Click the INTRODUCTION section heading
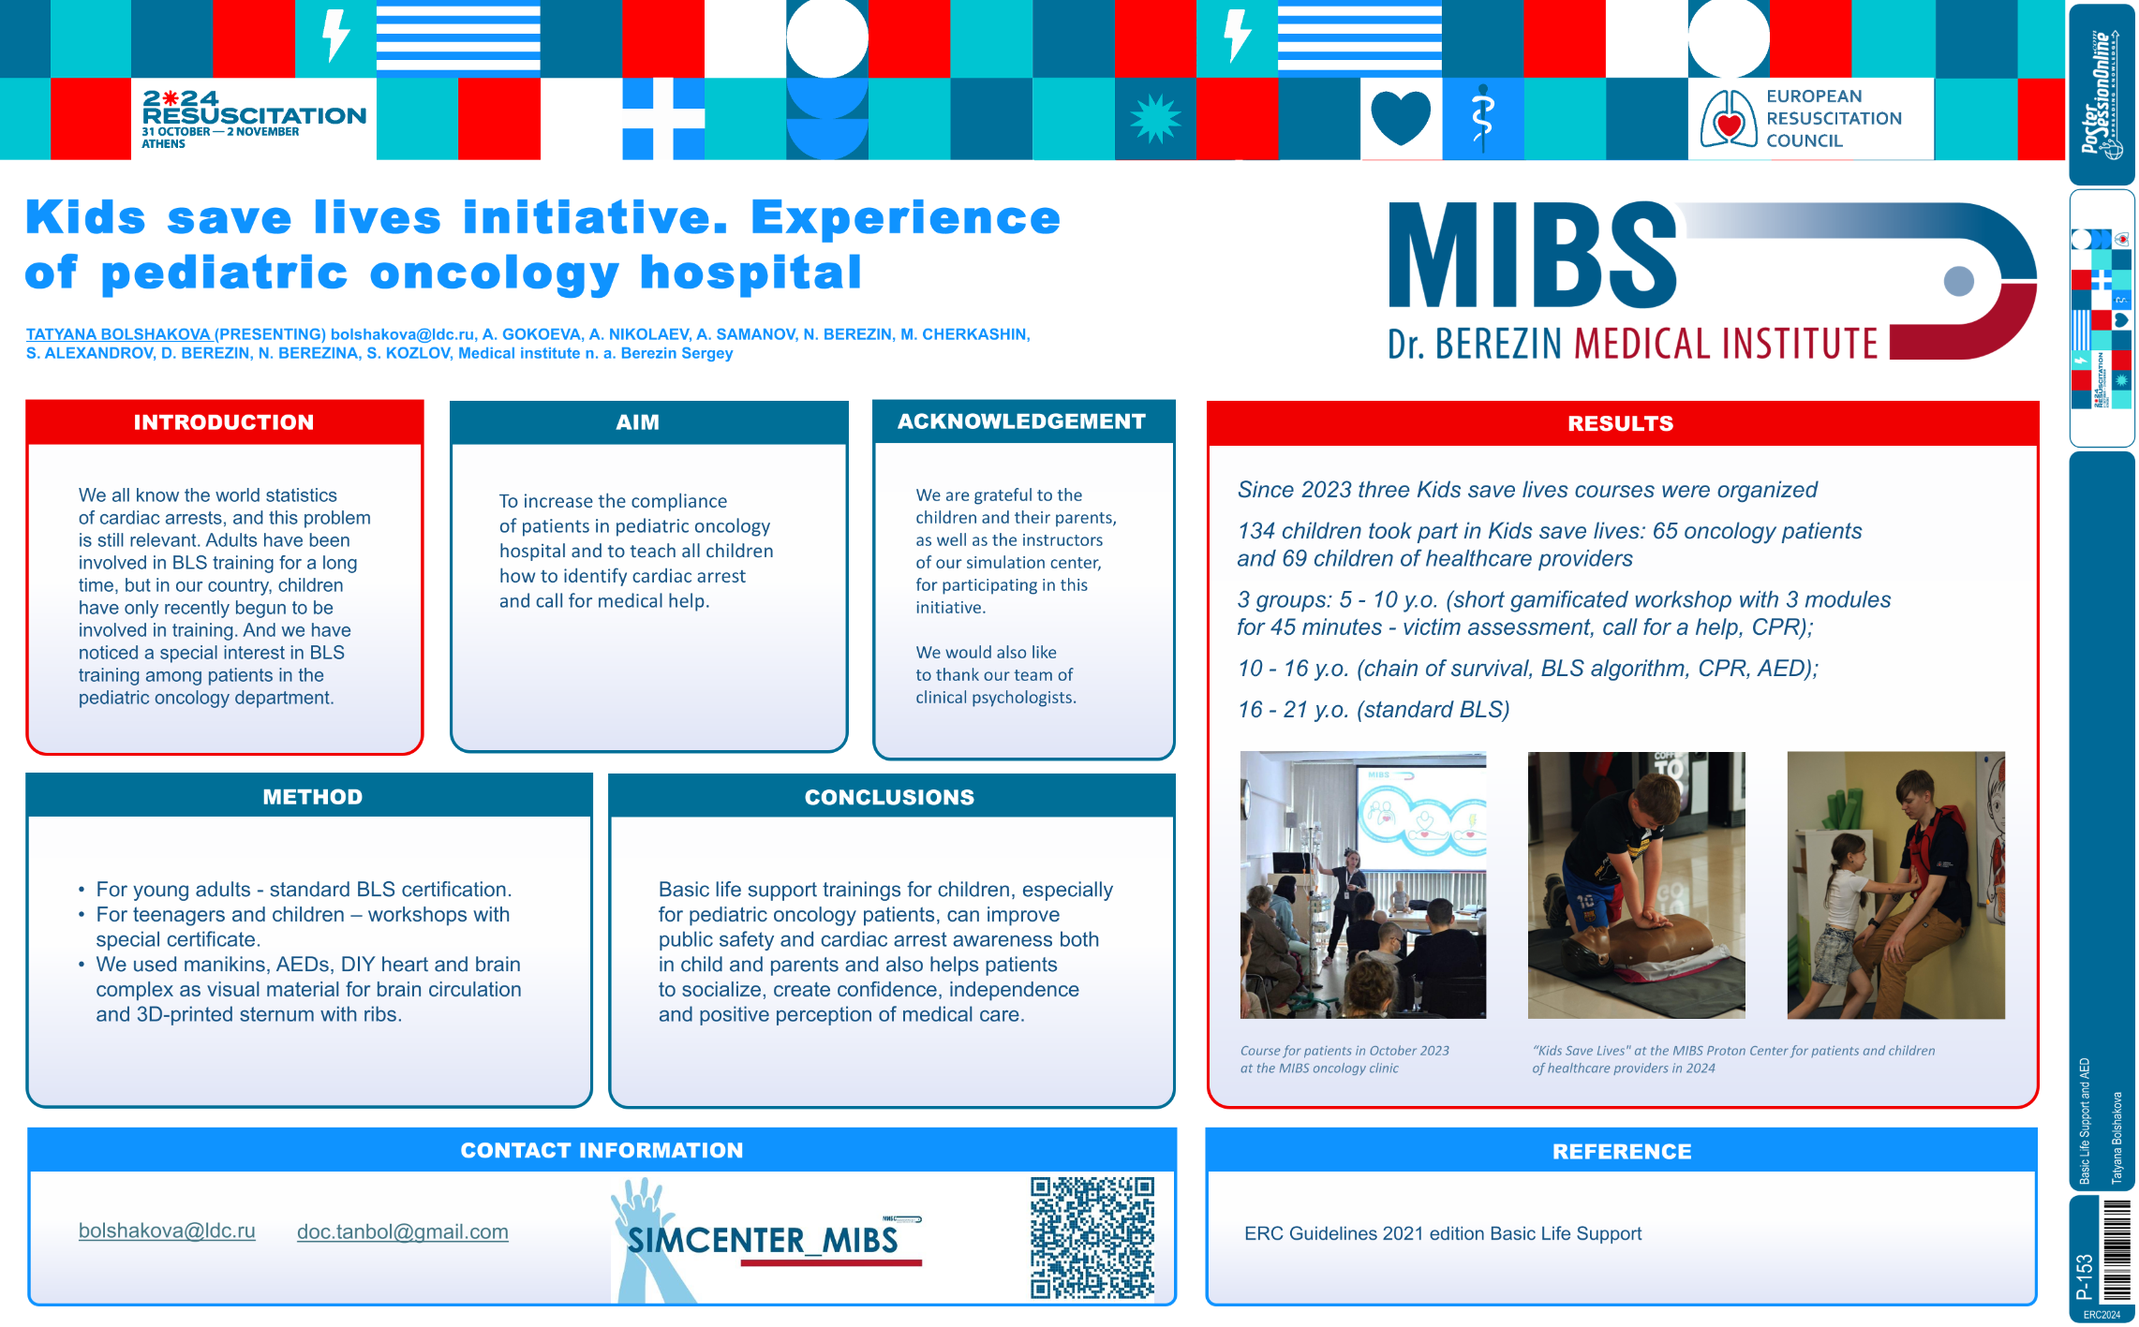click(x=223, y=422)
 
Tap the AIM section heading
click(x=637, y=422)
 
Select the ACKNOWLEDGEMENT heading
click(x=1021, y=421)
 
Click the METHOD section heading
click(x=312, y=797)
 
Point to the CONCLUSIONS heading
click(x=889, y=797)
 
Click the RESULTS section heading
click(x=1620, y=423)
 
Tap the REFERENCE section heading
click(x=1622, y=1152)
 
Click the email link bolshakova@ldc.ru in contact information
click(x=167, y=1231)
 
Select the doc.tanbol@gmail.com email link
click(x=403, y=1231)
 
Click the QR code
click(x=1092, y=1238)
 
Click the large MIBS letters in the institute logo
click(x=1532, y=255)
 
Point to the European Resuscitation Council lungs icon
click(x=1728, y=118)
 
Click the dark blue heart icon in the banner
click(x=1400, y=118)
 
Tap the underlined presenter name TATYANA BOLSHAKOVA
click(x=118, y=334)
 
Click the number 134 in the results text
click(x=1255, y=531)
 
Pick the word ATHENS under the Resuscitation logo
click(x=163, y=144)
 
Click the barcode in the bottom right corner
click(x=2116, y=1249)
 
